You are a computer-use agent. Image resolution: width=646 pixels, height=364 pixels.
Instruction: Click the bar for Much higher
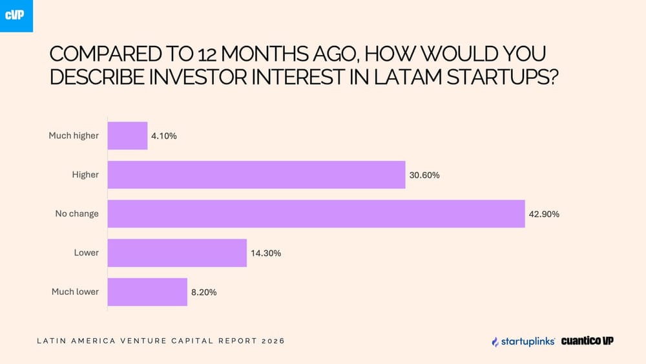127,136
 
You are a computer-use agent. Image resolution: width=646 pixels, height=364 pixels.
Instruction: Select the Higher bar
256,175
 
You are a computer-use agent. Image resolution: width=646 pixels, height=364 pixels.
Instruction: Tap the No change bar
316,214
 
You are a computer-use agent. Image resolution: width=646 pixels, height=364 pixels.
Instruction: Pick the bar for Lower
177,253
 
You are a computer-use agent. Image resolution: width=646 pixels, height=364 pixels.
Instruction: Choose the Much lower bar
147,292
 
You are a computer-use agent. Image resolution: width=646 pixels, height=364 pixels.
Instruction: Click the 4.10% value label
164,136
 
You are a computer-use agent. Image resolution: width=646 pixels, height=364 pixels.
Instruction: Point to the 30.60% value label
424,175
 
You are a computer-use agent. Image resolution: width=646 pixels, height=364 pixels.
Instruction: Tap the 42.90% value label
544,214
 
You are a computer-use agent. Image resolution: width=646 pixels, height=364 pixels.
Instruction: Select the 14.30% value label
266,253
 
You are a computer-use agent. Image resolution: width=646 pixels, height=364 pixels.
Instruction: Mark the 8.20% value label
204,292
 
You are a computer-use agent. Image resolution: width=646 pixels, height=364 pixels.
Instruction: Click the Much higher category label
74,136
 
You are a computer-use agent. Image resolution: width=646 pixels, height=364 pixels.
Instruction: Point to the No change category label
77,214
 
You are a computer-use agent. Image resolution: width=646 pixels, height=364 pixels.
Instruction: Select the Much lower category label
75,292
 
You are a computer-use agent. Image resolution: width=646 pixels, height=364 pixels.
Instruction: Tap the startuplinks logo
523,341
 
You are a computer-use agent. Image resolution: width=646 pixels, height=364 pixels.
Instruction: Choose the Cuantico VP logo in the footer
587,341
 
